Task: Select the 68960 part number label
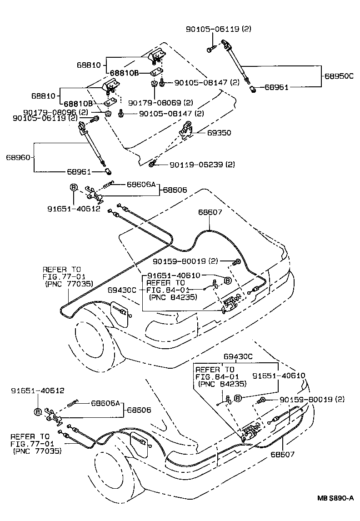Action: click(x=18, y=158)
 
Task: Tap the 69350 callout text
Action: click(x=219, y=133)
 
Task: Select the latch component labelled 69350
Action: click(x=185, y=131)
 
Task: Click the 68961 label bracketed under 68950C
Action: click(x=276, y=87)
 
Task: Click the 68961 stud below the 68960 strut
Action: click(x=108, y=171)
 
